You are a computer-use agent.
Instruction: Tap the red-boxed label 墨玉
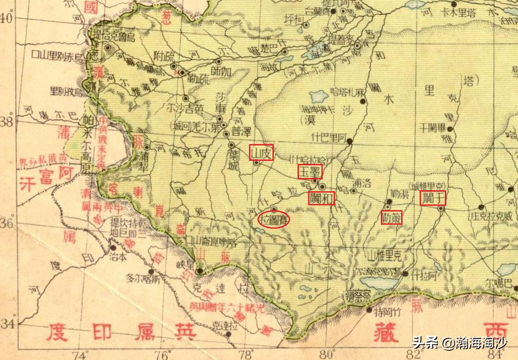[310, 171]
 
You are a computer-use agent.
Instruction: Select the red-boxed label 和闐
[321, 198]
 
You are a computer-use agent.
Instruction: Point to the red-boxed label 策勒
[391, 217]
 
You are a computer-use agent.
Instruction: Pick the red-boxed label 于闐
[432, 198]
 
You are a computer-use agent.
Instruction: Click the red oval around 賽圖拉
[273, 220]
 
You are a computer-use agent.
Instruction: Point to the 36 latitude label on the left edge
[7, 223]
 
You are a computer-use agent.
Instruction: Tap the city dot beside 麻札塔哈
[363, 101]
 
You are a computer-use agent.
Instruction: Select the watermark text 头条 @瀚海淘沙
[459, 342]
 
